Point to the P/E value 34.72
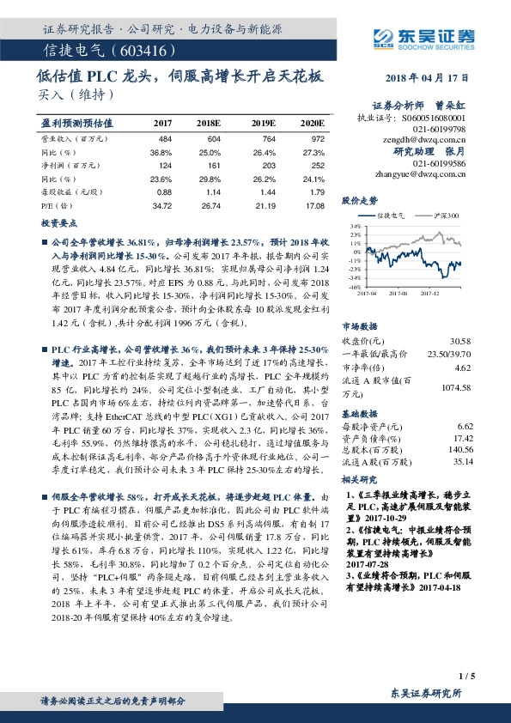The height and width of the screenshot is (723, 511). (161, 207)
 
